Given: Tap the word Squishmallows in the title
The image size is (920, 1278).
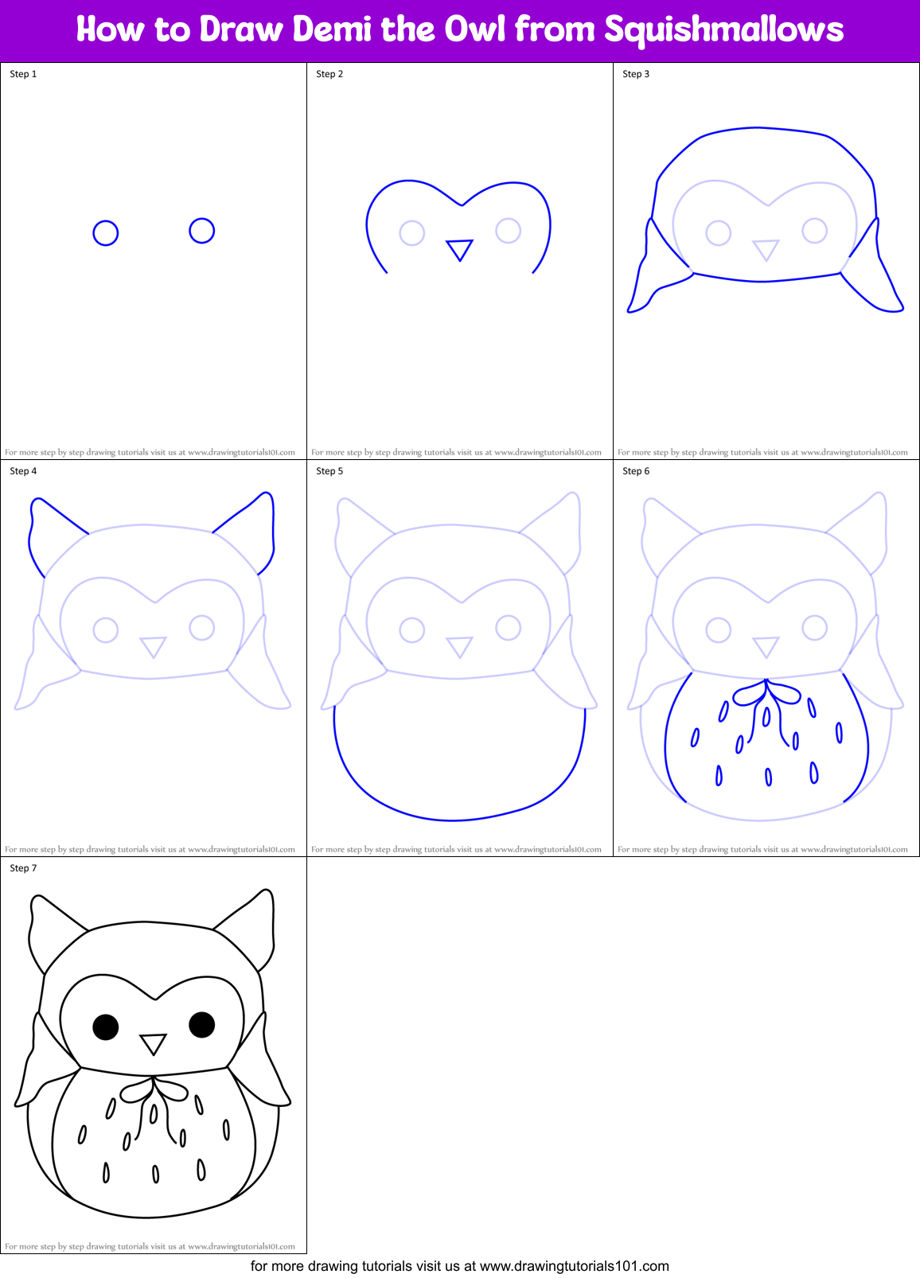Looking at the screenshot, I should coord(723,30).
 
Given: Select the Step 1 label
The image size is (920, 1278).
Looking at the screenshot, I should coord(23,74).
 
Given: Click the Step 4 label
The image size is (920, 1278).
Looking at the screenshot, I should coord(23,471).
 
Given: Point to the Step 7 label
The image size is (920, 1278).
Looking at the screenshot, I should coord(23,868).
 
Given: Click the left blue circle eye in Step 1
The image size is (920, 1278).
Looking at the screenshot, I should coord(106,233).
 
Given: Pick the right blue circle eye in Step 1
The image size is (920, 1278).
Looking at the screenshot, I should coord(202,231).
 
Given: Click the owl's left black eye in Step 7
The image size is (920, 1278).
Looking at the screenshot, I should coord(106,1027).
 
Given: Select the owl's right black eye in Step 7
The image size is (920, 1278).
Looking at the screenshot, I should coord(202,1025).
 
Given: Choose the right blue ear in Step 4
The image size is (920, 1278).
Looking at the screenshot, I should coord(251,529).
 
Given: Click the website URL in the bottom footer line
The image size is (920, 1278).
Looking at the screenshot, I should coord(575,1266).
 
